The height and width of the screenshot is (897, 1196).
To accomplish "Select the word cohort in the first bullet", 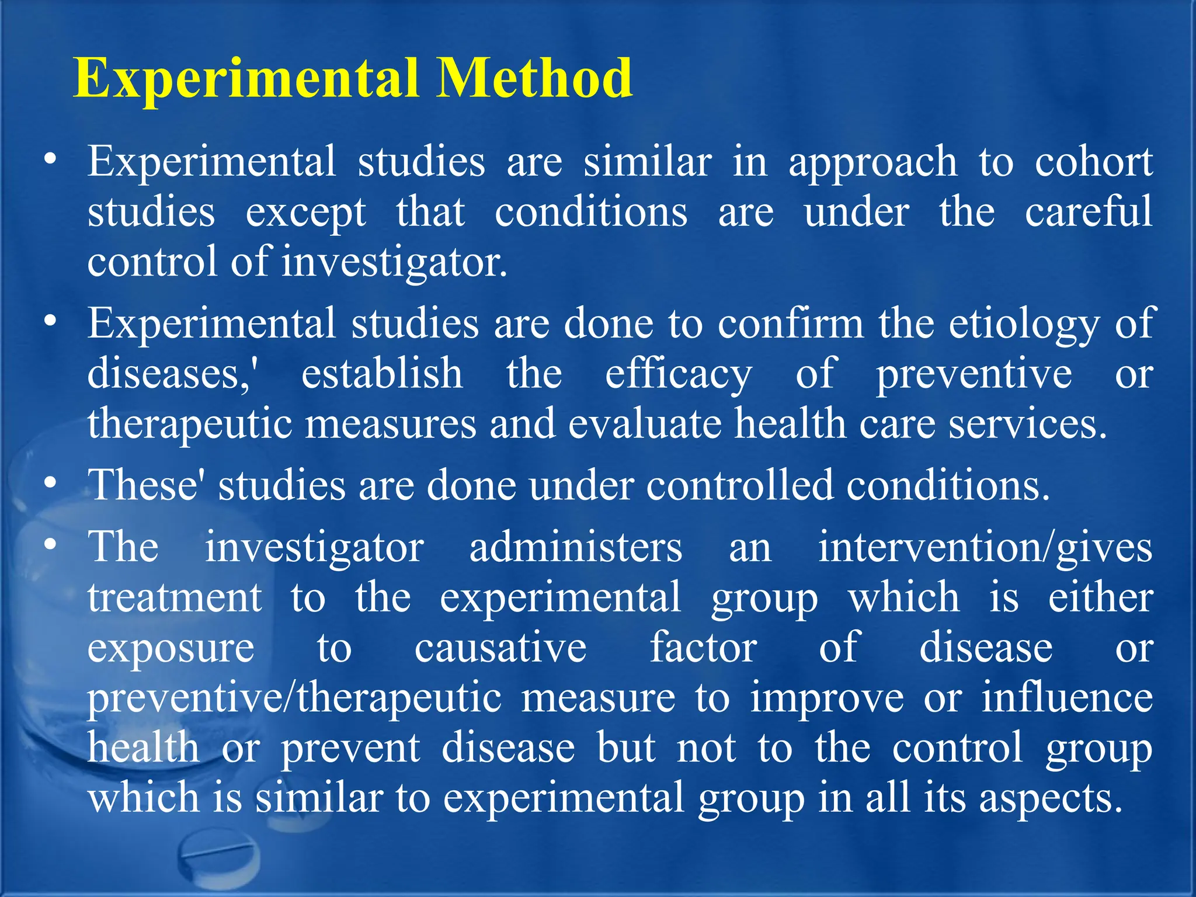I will pos(1093,161).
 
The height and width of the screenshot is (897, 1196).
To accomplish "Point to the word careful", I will pos(1088,211).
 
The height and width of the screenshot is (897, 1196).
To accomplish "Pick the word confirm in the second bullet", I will pos(790,324).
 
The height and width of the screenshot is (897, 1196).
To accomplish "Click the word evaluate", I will pos(645,424).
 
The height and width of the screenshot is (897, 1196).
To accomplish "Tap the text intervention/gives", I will pos(985,549).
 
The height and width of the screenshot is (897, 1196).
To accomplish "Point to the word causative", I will pos(500,648).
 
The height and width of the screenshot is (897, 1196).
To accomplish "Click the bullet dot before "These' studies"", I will pos(51,484).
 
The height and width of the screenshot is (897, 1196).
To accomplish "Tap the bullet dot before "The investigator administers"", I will pos(51,545).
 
